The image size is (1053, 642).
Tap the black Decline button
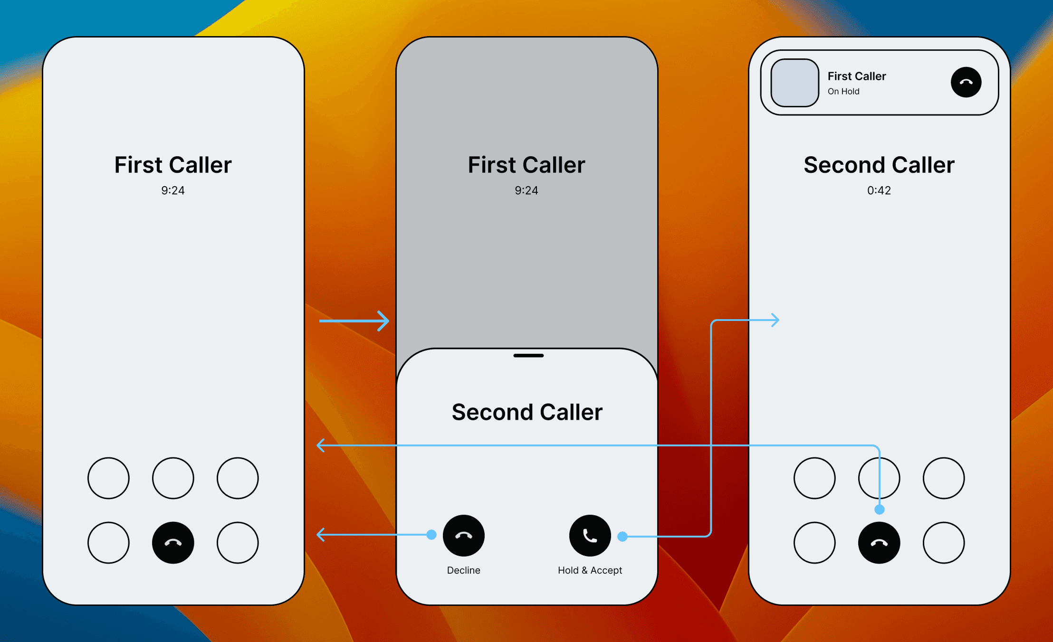[463, 535]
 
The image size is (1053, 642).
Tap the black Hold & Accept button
[590, 535]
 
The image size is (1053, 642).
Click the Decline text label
[463, 570]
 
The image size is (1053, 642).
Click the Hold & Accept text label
[590, 570]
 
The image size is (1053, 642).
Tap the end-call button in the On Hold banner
[966, 82]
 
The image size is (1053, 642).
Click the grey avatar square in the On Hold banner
[795, 83]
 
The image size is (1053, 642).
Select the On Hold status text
[843, 92]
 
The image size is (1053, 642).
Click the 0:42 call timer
[879, 190]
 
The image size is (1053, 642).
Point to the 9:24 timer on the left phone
[172, 190]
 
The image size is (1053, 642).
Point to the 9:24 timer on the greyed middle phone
[526, 190]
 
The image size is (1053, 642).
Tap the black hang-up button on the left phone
[173, 543]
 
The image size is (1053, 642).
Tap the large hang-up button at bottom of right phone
[879, 543]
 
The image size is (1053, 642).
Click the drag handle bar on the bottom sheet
[528, 356]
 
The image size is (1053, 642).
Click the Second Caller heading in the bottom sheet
[527, 412]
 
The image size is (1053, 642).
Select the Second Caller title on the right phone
[879, 165]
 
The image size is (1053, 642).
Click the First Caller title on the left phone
[173, 165]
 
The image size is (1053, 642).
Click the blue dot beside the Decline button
[431, 535]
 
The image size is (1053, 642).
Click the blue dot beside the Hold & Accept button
[622, 537]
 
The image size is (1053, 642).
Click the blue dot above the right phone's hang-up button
[880, 510]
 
